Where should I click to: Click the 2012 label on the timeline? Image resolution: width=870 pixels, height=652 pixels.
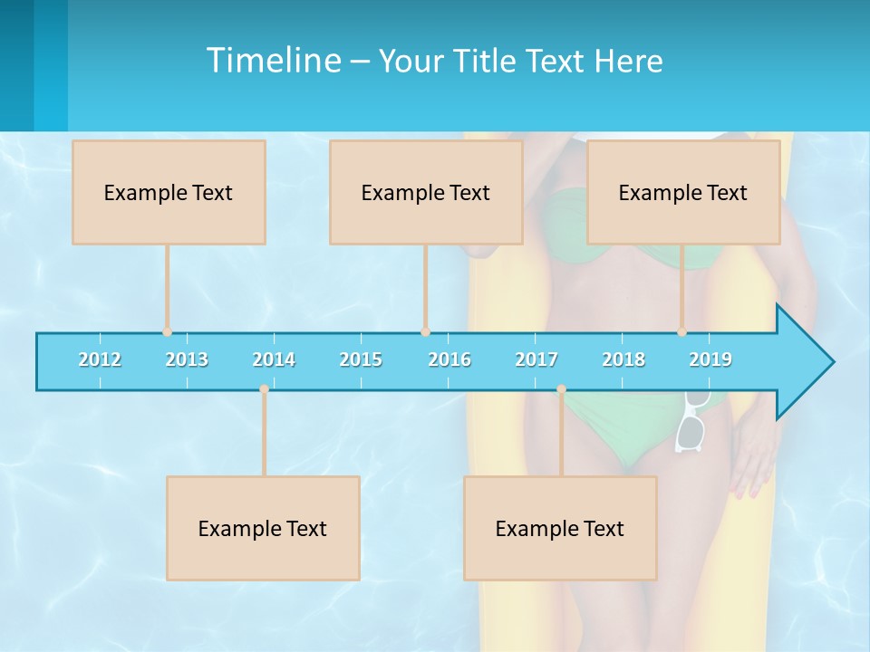[x=100, y=360]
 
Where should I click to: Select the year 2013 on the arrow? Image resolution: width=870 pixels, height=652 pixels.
[x=187, y=360]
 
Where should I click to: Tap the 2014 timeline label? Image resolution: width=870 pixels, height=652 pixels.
[x=274, y=360]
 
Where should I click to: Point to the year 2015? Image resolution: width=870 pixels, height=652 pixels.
[x=361, y=360]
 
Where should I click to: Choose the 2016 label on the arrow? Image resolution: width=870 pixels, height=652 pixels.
[x=449, y=360]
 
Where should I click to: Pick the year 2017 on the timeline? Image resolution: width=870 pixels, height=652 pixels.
[x=536, y=360]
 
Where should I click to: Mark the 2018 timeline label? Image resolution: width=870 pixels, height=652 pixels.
[x=623, y=360]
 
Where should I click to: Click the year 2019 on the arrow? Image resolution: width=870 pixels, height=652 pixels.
[x=710, y=360]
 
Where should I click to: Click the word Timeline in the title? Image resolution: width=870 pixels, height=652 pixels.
[x=273, y=61]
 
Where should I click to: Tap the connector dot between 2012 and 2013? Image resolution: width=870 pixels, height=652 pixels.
[x=167, y=332]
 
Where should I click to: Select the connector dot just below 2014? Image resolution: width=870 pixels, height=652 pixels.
[x=264, y=389]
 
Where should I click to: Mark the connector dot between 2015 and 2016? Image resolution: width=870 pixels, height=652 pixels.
[x=425, y=332]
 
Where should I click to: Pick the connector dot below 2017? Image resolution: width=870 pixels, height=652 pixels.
[x=561, y=389]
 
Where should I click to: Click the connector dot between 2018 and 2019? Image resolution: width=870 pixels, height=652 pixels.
[x=682, y=332]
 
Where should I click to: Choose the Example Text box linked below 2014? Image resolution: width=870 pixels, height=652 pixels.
[x=263, y=528]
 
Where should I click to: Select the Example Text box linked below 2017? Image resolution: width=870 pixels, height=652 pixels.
[x=560, y=528]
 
